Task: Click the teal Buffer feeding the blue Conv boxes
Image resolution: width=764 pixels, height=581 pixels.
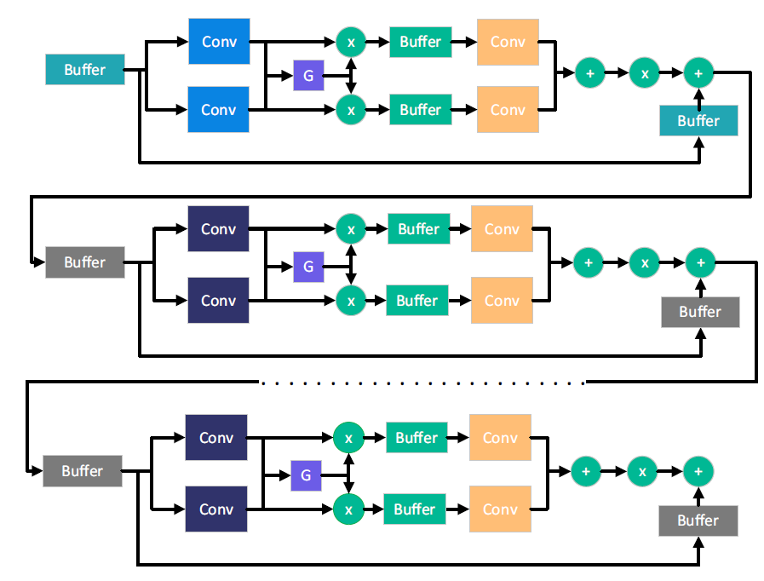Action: point(84,70)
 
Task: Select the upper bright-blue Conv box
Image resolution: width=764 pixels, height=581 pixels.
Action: point(218,41)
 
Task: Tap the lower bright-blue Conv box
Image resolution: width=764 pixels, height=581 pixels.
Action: point(218,109)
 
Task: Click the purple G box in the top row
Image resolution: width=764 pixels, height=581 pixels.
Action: point(308,76)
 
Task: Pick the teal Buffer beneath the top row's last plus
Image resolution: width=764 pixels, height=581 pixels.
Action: point(698,121)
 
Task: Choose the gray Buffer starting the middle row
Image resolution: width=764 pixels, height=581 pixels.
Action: point(84,262)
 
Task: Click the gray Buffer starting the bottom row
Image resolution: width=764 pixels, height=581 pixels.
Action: point(83,471)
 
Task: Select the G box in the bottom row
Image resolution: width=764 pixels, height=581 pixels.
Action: point(307,475)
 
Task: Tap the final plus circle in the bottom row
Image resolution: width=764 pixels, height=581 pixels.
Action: point(698,471)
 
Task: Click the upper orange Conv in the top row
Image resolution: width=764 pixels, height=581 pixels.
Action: point(508,41)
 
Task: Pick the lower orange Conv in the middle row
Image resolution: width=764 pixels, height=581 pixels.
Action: point(502,301)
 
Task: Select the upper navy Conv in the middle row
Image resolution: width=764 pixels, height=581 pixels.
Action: point(218,228)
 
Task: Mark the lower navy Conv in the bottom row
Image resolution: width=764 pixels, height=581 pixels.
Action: point(216,509)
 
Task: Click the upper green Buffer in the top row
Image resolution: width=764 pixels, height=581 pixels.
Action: point(421,41)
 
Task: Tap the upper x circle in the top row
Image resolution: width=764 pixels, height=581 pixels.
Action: point(350,41)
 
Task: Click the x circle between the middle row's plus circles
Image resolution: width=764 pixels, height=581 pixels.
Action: point(645,262)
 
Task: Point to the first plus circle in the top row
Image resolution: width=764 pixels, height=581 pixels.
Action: point(590,74)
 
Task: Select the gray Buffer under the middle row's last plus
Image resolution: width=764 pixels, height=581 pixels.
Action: point(700,312)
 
